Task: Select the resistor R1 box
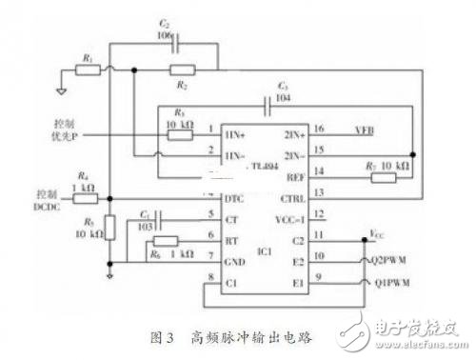point(89,70)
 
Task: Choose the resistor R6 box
point(165,243)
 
